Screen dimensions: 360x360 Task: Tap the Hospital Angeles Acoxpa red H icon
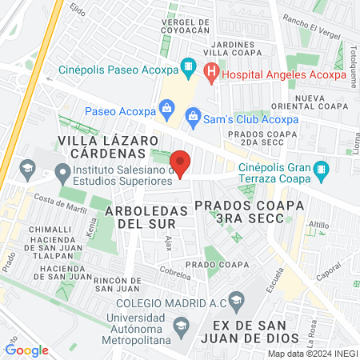tap(211, 74)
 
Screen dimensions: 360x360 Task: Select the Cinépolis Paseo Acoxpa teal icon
tap(187, 65)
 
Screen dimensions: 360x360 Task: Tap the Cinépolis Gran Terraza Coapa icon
tap(322, 170)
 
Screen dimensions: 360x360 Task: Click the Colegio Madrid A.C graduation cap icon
tap(236, 303)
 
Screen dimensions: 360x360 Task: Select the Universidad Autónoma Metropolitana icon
tap(182, 326)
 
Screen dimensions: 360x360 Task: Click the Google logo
tap(26, 350)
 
